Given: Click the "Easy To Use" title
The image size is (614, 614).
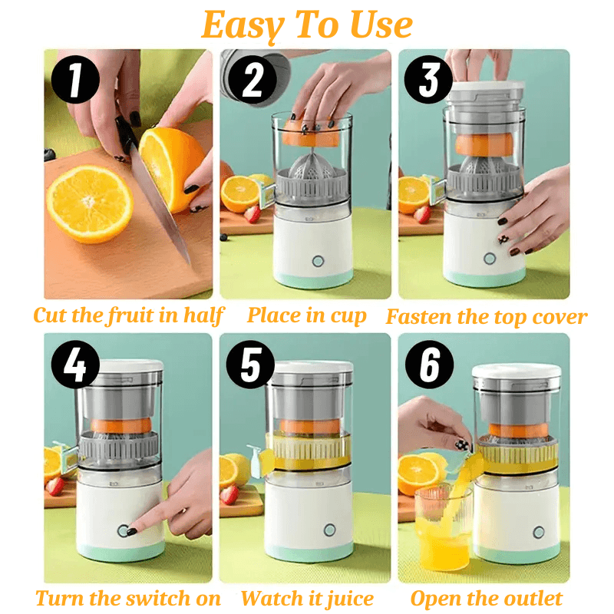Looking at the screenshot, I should click(x=307, y=25).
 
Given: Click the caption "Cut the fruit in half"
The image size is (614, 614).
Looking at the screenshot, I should click(x=128, y=315).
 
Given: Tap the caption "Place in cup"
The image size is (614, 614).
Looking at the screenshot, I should click(x=306, y=315).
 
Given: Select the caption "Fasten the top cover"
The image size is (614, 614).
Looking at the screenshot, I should click(x=486, y=316).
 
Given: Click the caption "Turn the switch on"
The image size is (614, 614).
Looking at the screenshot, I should click(x=128, y=599).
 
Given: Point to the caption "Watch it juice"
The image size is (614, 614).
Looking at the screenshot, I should click(x=307, y=599).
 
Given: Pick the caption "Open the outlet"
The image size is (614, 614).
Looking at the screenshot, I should click(x=487, y=599).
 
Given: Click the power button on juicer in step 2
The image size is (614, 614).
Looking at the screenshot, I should click(x=317, y=261).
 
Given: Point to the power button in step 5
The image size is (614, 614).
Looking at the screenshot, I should click(x=329, y=530).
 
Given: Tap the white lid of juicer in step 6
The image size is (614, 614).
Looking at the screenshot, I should click(x=515, y=370).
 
